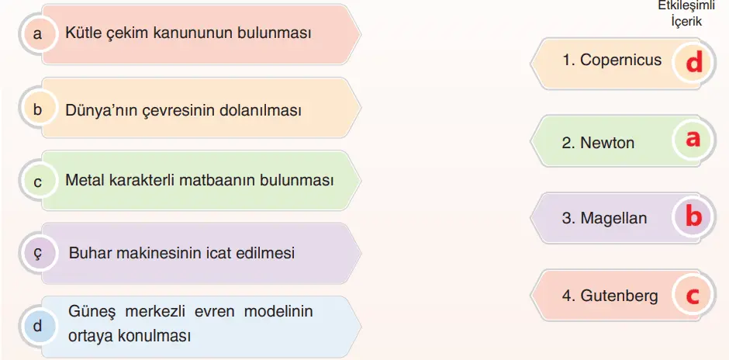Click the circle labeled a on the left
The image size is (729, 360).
[37, 34]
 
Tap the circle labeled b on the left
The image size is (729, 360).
[37, 109]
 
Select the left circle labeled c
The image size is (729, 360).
[37, 182]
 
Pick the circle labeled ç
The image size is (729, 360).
[37, 253]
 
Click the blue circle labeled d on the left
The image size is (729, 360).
[37, 326]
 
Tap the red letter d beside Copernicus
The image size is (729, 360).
[694, 62]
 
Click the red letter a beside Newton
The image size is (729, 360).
[693, 139]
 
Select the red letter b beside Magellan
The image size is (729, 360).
[693, 216]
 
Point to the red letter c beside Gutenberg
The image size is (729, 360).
[693, 295]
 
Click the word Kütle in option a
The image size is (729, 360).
[82, 33]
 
